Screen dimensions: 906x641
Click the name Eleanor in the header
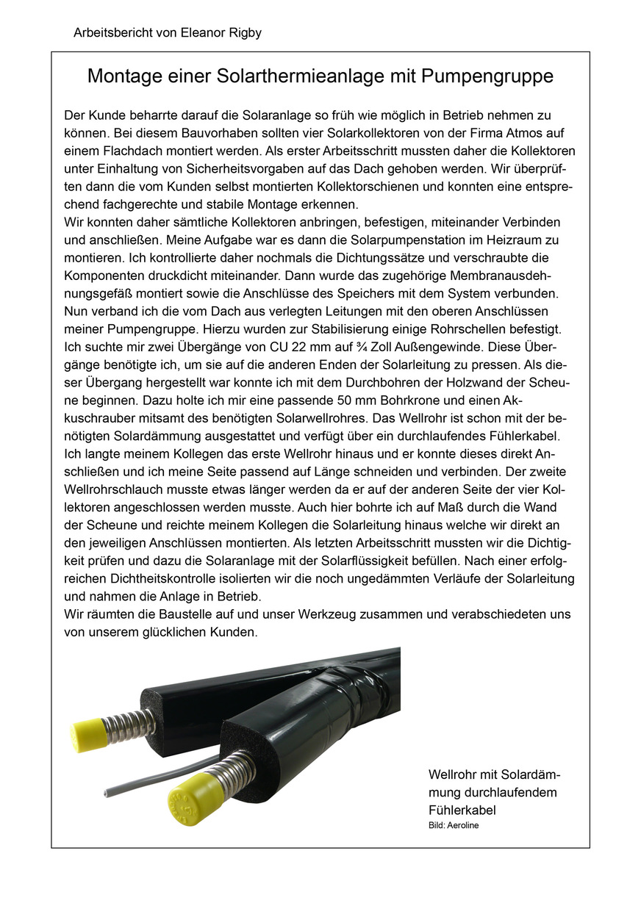[x=202, y=33]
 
